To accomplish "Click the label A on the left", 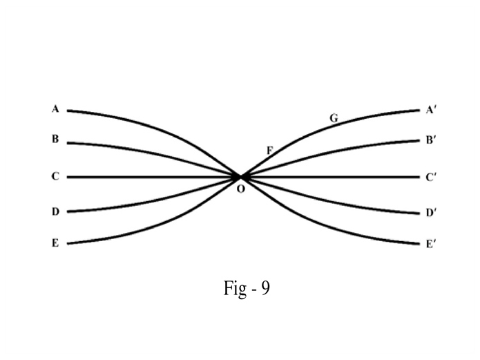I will coord(55,108).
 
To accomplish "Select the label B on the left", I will coord(55,139).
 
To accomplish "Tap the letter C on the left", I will coord(55,176).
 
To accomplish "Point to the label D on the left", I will coord(55,211).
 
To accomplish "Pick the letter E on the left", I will coord(55,243).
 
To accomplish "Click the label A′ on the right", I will coord(430,109).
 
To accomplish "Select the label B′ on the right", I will coord(430,140).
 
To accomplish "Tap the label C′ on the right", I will coord(431,177).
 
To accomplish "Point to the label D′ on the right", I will coord(431,213).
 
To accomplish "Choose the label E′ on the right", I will coord(430,244).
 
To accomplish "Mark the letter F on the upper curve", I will coord(269,150).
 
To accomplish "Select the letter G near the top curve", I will coord(334,118).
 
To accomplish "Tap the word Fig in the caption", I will coord(233,288).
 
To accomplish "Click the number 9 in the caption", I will coord(265,288).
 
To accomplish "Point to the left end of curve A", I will coord(68,110).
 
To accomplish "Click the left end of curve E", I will coord(68,243).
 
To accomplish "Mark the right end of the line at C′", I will coord(419,177).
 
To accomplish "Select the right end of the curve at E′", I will coord(419,243).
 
